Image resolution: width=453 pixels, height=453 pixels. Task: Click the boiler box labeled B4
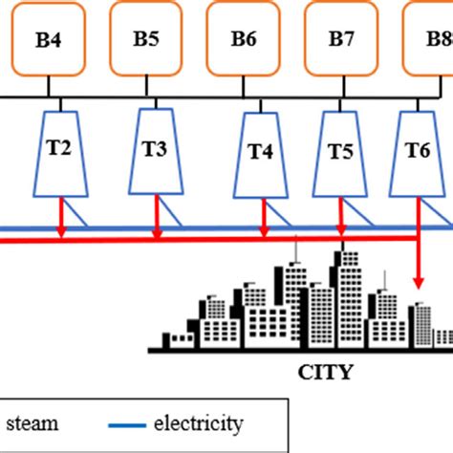pos(46,41)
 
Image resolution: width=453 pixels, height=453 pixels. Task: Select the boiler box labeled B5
pos(146,41)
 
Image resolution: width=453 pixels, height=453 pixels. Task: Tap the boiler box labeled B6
pos(244,41)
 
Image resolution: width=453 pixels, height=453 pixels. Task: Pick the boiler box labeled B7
pos(341,41)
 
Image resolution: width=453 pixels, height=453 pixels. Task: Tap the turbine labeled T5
pos(340,151)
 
